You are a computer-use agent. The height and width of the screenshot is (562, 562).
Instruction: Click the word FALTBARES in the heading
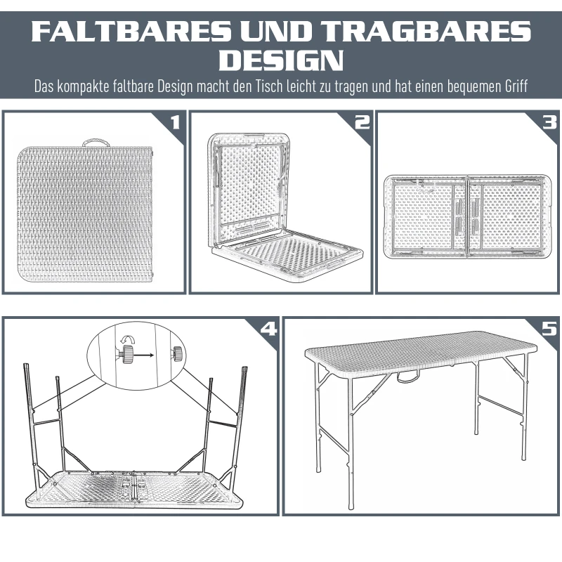[131, 31]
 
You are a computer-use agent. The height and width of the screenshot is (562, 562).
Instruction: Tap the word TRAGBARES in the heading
[428, 31]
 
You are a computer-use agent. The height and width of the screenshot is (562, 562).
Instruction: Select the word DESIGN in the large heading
[282, 60]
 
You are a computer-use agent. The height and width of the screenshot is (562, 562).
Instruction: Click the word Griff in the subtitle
[516, 86]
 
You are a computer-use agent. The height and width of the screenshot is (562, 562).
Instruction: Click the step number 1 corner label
[175, 122]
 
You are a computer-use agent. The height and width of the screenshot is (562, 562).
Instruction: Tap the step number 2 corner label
[362, 122]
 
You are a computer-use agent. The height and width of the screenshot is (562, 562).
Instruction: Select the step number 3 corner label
[549, 122]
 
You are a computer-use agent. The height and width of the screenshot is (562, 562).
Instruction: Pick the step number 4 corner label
[269, 329]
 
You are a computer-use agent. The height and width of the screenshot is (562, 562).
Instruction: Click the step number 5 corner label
[549, 329]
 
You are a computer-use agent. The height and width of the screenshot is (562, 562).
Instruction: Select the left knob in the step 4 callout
[127, 355]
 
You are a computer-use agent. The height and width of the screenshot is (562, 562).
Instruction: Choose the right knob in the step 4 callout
[178, 353]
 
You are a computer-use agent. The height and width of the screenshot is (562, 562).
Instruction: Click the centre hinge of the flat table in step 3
[468, 216]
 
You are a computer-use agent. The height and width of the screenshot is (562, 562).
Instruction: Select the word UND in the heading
[277, 31]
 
